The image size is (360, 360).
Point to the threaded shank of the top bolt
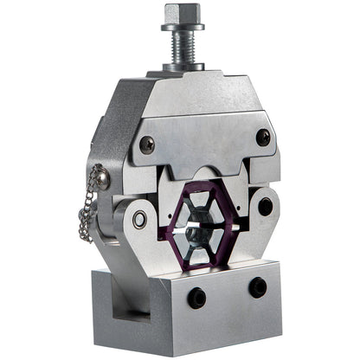[x=178, y=43]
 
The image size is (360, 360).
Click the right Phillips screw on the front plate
[x=262, y=136]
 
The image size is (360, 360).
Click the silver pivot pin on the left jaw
[x=139, y=219]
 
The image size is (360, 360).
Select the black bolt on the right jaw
[x=265, y=206]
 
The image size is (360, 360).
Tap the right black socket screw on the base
[x=256, y=286]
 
